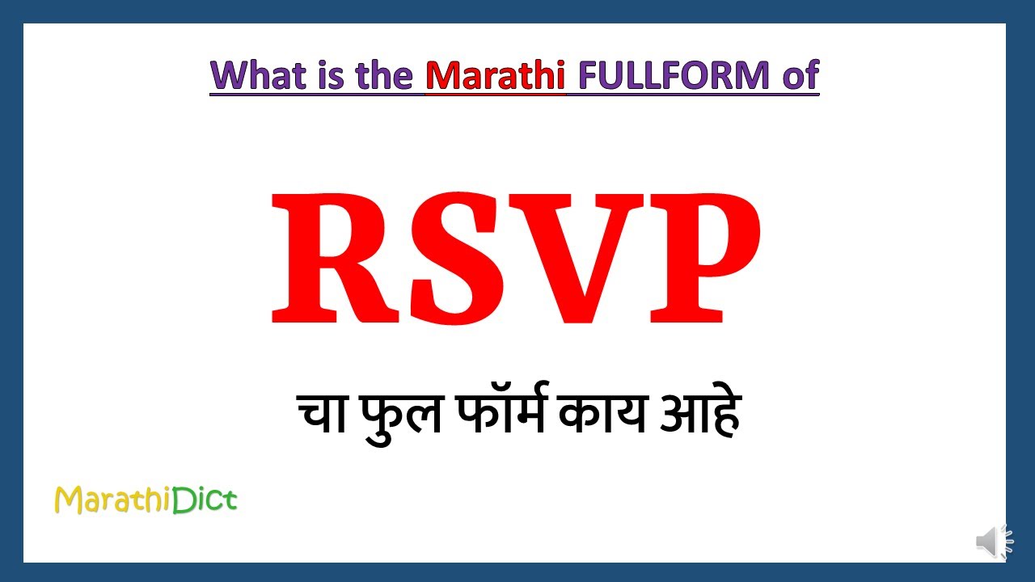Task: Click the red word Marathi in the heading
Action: (495, 75)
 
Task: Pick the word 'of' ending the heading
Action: (800, 75)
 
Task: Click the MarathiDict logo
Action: (146, 500)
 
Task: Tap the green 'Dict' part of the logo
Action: (205, 500)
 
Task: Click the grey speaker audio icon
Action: (994, 542)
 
